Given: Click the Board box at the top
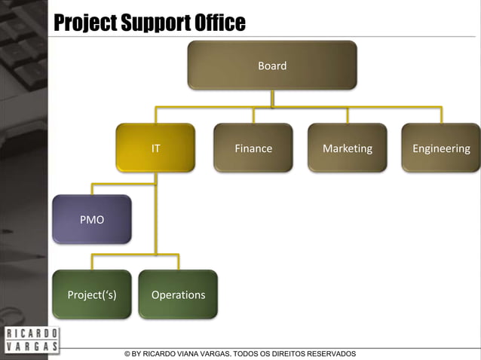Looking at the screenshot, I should coord(272,66).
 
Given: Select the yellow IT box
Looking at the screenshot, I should coord(155,148).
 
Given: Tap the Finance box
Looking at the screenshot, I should coord(253,148).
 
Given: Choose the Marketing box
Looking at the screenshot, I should coord(348,148).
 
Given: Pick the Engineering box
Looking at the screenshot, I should coord(441,148).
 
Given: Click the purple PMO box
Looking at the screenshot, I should coord(92,219).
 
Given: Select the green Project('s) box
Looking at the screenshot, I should coord(92,294).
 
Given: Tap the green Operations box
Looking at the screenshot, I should coord(178,294).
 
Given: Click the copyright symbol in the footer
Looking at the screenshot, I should coord(127,354).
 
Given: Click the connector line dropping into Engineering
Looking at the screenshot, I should coord(441,115).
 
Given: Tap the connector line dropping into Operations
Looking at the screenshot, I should coord(178,262).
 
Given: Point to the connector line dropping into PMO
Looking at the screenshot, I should coord(92,188).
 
